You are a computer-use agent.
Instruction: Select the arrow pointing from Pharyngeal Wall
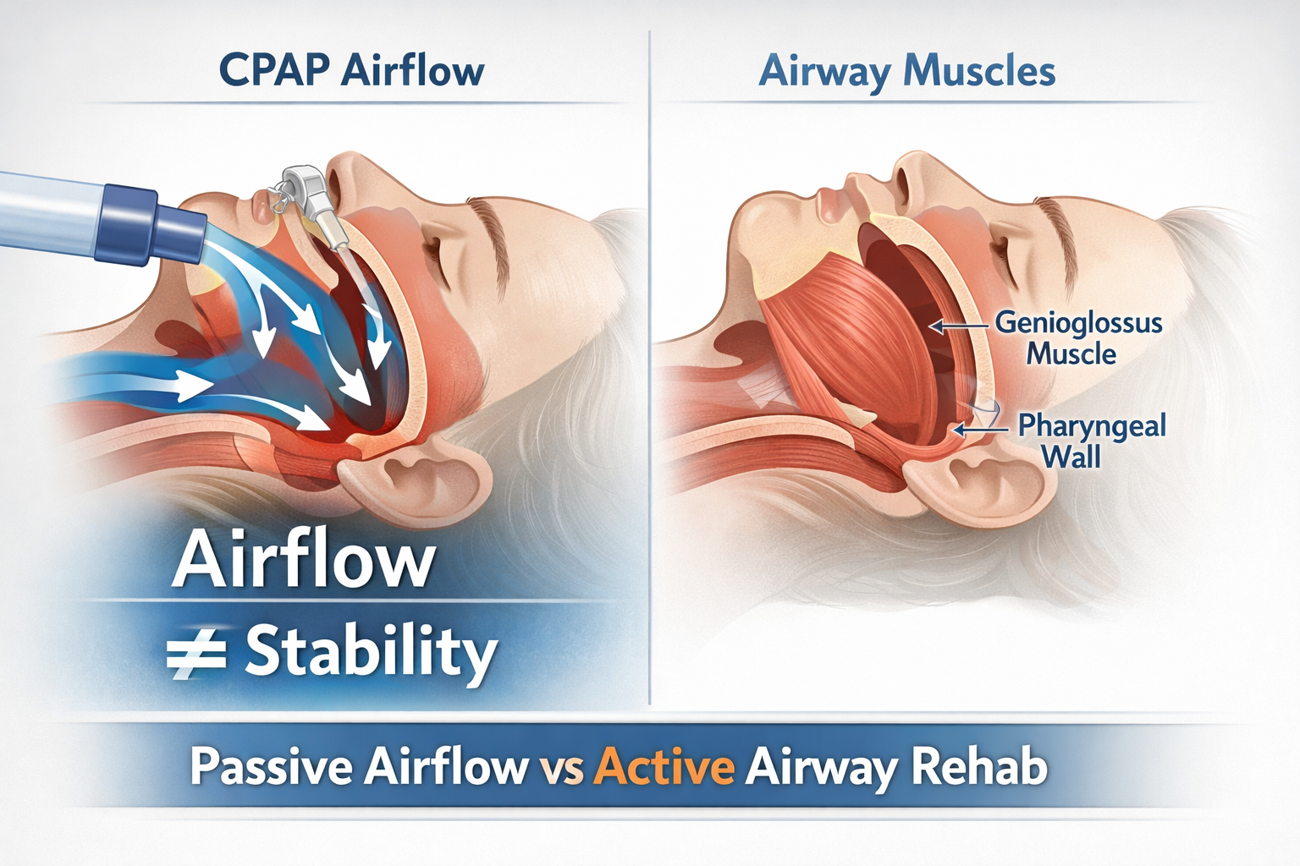pyautogui.click(x=981, y=430)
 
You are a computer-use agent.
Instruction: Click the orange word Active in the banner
pyautogui.click(x=664, y=768)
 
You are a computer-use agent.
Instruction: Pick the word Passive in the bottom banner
pyautogui.click(x=271, y=768)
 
